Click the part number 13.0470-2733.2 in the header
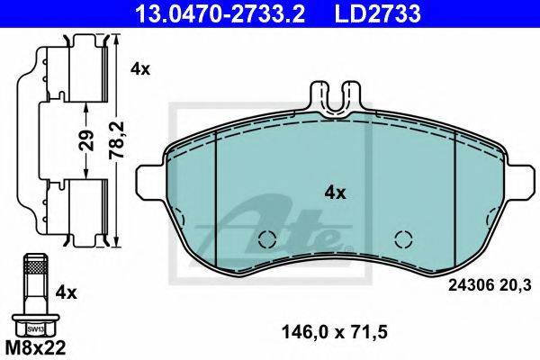click(x=220, y=13)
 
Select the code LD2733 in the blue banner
click(x=377, y=13)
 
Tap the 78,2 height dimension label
click(x=116, y=140)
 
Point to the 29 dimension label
click(x=87, y=140)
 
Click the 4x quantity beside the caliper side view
click(x=140, y=69)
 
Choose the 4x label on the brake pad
click(x=335, y=193)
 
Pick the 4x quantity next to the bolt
click(x=66, y=293)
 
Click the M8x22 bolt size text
click(x=35, y=348)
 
